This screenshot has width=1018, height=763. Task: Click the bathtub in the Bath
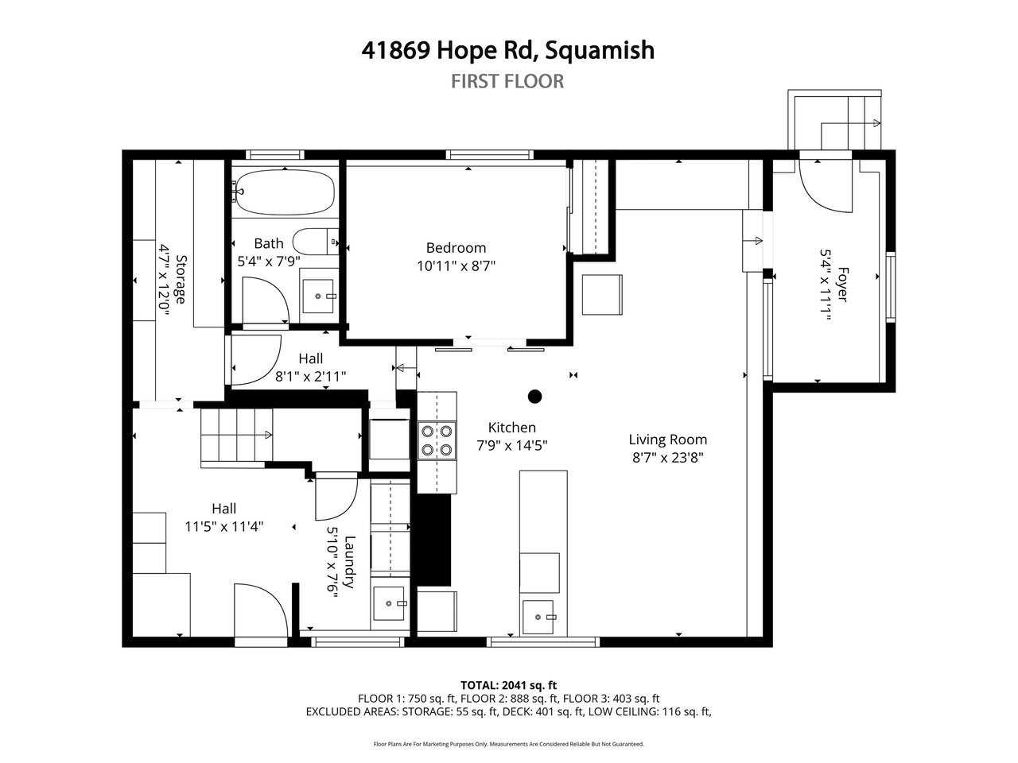pos(283,192)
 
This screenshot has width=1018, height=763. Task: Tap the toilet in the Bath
pos(317,241)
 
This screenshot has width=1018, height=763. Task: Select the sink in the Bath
pos(318,296)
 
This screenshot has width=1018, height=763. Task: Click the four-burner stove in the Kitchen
pos(437,440)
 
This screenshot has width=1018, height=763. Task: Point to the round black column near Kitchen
pos(534,396)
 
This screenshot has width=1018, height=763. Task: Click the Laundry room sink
pos(389,603)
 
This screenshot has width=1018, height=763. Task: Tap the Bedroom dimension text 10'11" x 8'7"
pos(456,266)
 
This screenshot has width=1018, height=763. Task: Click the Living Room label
pos(668,440)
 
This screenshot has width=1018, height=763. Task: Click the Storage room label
pos(181,279)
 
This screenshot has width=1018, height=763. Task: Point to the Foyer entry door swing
pos(826,186)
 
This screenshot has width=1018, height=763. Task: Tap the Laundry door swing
pos(336,499)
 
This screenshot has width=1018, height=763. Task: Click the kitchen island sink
pos(538,617)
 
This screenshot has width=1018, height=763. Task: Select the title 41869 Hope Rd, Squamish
pos(508,50)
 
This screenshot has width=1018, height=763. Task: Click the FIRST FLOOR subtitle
pos(507,82)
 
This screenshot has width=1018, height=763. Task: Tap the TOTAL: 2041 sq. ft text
pos(508,685)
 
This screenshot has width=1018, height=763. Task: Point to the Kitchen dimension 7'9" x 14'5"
pos(512,445)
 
